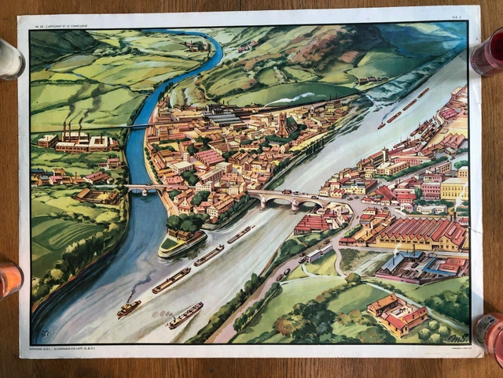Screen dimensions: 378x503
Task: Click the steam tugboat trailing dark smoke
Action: click(x=129, y=308)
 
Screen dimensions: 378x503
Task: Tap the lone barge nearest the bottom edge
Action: click(x=185, y=315)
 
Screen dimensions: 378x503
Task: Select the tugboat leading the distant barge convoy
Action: click(x=381, y=124)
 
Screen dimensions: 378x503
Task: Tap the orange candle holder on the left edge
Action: click(x=8, y=277)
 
